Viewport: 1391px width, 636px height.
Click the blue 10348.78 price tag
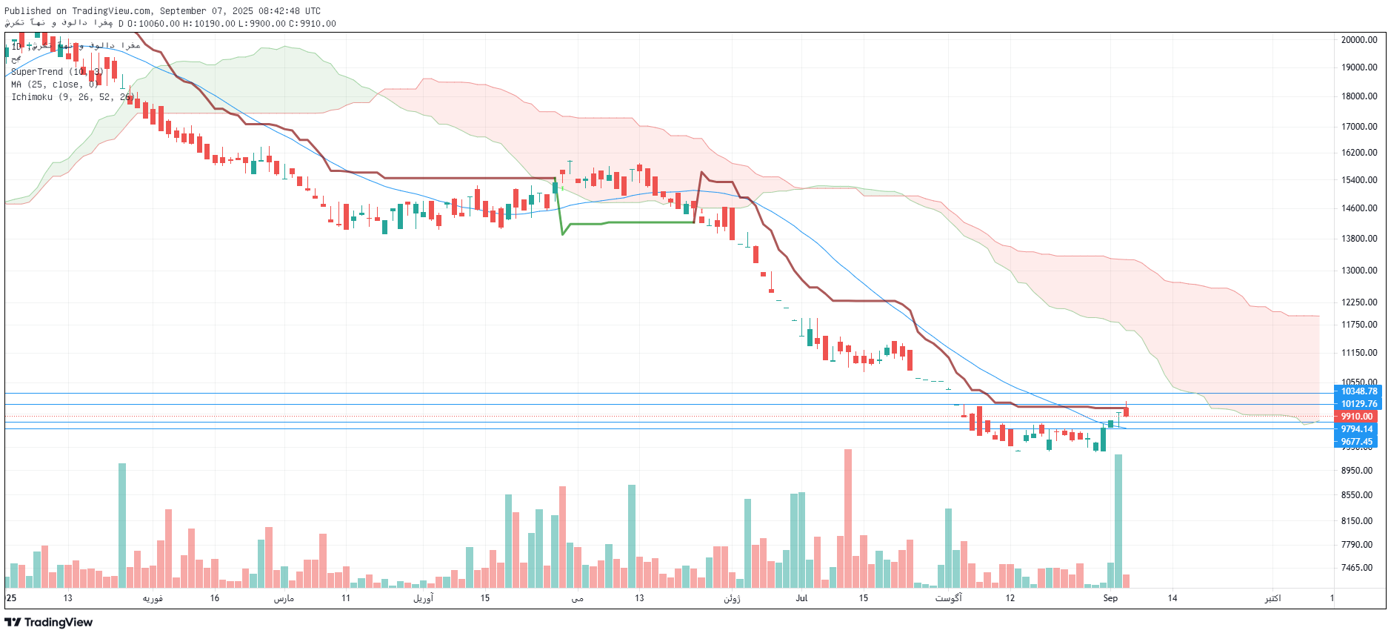click(x=1359, y=391)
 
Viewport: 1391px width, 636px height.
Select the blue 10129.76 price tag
click(x=1359, y=404)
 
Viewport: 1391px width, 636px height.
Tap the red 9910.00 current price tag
click(x=1357, y=417)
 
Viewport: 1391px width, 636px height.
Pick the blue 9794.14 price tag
click(x=1357, y=429)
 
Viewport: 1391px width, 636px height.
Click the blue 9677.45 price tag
click(x=1357, y=442)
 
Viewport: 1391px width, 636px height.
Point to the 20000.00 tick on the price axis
click(x=1359, y=40)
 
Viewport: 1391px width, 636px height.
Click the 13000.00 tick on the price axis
click(x=1359, y=271)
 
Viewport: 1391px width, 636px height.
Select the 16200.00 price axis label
click(x=1359, y=153)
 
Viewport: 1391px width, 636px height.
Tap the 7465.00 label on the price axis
click(x=1357, y=568)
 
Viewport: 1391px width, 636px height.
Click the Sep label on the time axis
click(x=1110, y=598)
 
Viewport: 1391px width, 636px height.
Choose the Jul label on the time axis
click(x=801, y=598)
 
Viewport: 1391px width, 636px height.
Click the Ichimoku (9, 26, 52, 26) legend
click(x=71, y=97)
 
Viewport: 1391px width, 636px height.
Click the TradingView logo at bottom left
click(x=49, y=622)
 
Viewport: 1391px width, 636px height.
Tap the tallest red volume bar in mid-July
click(x=848, y=519)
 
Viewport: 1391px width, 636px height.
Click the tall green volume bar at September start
click(x=1118, y=521)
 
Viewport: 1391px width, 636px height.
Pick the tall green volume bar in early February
click(x=122, y=526)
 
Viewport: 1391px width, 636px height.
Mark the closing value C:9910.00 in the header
click(x=312, y=24)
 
